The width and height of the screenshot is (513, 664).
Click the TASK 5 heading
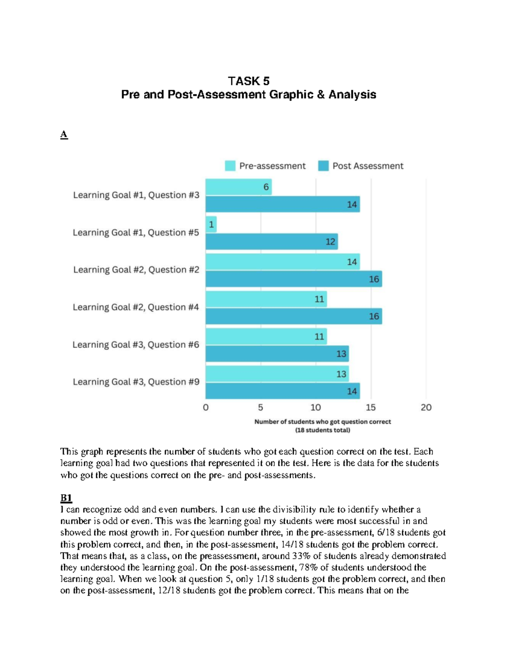[248, 81]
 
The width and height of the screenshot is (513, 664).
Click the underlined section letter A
[64, 134]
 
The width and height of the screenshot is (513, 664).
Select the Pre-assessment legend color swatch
[230, 166]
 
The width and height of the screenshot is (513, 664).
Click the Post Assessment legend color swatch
[323, 166]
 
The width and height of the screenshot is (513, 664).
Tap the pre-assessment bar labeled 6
[238, 187]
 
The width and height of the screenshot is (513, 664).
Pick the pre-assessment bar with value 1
[211, 224]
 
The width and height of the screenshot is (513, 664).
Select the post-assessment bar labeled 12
[271, 242]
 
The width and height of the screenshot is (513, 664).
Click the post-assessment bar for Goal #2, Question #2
[293, 279]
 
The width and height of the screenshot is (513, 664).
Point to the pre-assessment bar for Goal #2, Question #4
[266, 299]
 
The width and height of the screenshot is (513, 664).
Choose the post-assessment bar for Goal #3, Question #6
[277, 354]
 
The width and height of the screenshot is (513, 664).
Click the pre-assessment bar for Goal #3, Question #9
[277, 374]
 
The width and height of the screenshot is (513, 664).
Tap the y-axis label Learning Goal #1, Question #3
[136, 195]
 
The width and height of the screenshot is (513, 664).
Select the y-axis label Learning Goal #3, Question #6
[136, 345]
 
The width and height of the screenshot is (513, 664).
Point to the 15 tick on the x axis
[371, 407]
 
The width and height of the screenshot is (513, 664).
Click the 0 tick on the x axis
[206, 407]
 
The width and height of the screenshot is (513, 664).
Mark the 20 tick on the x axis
[426, 407]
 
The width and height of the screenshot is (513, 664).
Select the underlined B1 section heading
[66, 498]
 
